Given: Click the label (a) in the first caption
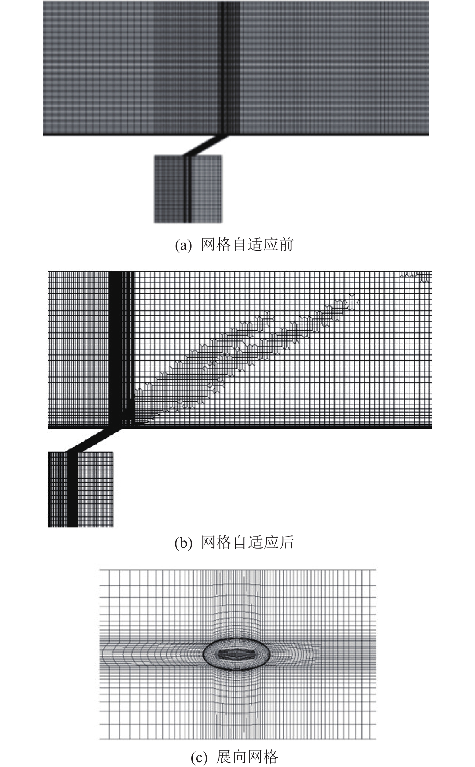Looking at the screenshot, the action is click(x=183, y=245).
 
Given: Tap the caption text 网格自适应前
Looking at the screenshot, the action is click(x=247, y=245).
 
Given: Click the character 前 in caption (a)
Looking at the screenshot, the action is click(x=286, y=245).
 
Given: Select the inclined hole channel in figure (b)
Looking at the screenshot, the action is click(x=93, y=440).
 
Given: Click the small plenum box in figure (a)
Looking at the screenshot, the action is click(x=188, y=189).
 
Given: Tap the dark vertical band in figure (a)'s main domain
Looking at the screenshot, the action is click(x=222, y=68).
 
